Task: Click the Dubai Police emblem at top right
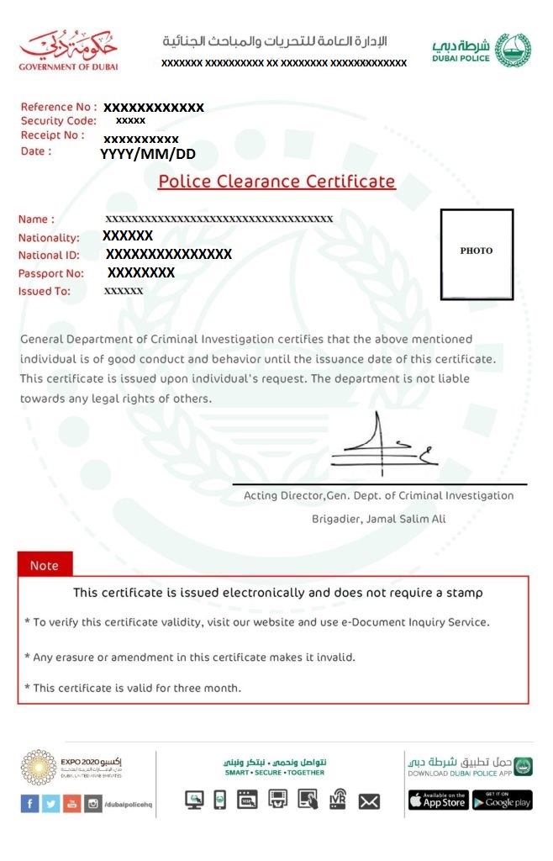tap(513, 50)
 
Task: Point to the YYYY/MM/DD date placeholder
tap(148, 154)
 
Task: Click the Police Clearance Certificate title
tap(276, 182)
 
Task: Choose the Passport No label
tap(51, 273)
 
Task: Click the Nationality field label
tap(49, 238)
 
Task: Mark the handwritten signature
tap(383, 446)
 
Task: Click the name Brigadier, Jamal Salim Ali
tap(378, 519)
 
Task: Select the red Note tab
tap(45, 565)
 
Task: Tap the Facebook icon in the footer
tap(29, 804)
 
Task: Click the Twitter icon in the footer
tap(50, 804)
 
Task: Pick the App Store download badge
tap(438, 800)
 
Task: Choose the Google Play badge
tap(502, 800)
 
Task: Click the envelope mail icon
tap(369, 801)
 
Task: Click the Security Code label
tap(59, 121)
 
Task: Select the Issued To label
tap(45, 292)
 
